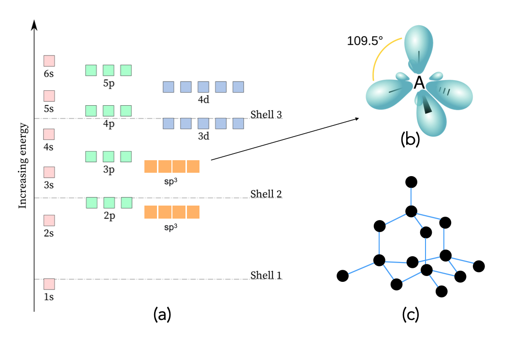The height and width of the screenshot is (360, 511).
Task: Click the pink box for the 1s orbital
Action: [49, 284]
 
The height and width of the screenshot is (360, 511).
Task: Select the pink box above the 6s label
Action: [49, 61]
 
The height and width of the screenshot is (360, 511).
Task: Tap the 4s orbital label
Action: [48, 146]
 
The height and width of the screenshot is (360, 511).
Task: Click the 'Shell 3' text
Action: [266, 115]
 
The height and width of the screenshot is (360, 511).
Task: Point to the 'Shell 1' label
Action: [266, 276]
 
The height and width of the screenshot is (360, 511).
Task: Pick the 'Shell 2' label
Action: [266, 194]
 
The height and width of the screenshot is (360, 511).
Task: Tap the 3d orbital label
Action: [203, 137]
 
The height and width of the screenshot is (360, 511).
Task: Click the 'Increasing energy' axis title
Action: [23, 166]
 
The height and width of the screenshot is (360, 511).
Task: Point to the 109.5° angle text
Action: [365, 41]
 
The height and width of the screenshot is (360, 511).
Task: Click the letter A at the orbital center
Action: [419, 83]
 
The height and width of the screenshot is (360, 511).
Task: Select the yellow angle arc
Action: [382, 53]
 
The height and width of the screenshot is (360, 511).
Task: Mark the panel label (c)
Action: [411, 315]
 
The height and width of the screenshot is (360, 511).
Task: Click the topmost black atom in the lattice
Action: [411, 182]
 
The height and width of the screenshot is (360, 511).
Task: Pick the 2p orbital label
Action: [109, 216]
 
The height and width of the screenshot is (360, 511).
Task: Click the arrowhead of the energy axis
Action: [34, 24]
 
